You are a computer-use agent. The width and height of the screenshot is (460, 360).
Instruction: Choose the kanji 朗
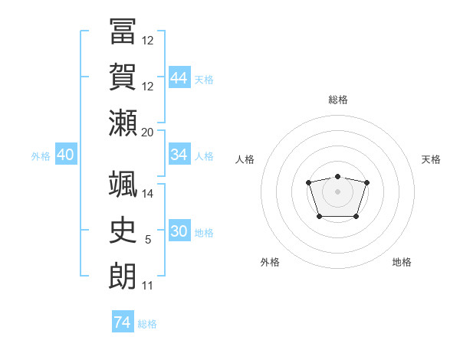coord(123,274)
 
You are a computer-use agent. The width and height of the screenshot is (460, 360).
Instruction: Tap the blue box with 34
coord(179,155)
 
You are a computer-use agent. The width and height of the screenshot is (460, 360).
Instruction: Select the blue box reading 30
coord(179,231)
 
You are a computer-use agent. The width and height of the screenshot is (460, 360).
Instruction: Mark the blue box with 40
coord(65,155)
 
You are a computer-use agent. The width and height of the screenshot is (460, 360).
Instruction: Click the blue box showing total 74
coord(122,322)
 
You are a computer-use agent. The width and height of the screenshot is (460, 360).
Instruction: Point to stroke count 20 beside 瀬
coord(148,132)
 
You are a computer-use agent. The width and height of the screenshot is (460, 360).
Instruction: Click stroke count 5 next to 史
coord(148,240)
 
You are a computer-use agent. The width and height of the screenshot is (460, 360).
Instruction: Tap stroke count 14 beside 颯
coord(148,193)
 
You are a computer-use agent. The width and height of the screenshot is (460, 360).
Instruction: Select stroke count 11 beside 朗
coord(148,286)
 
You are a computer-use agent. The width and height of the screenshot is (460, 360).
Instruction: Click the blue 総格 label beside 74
coord(147,324)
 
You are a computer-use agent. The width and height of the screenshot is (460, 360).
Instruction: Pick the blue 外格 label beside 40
coord(41,156)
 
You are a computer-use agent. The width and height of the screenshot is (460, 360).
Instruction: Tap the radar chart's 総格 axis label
coord(338,100)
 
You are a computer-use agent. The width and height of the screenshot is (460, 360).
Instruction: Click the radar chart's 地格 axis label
coord(402,262)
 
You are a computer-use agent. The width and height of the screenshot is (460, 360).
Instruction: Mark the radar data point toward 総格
coord(337,177)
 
